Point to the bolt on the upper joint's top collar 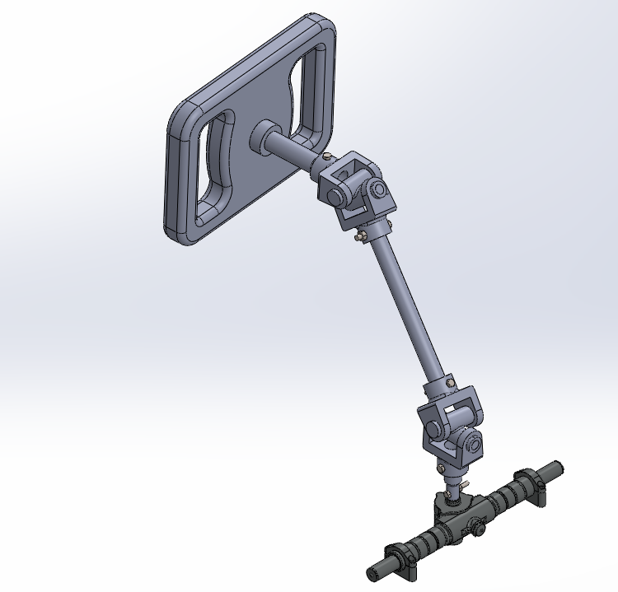click(x=329, y=156)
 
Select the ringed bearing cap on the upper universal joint click(x=378, y=190)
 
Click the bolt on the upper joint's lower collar click(x=359, y=237)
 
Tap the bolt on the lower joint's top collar click(x=449, y=381)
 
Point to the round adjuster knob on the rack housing click(x=475, y=529)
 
